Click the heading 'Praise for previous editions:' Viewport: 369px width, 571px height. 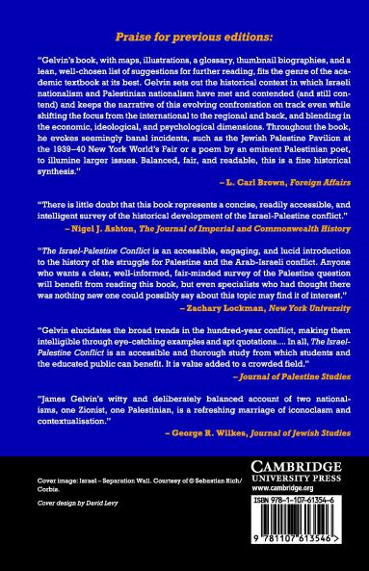(x=184, y=36)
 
